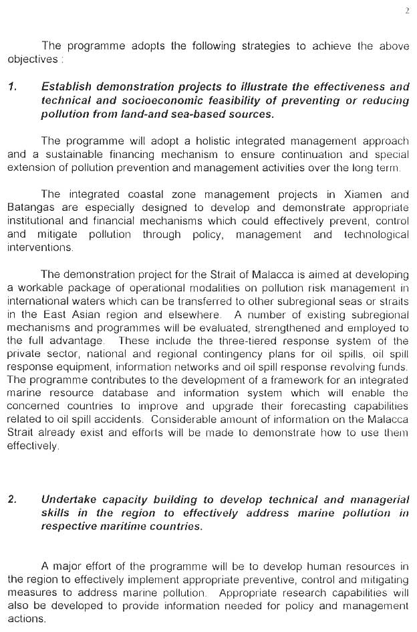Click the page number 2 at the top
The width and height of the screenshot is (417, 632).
406,10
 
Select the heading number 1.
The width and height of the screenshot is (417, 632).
12,87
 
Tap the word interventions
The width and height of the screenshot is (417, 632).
41,248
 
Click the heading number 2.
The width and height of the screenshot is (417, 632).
12,499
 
